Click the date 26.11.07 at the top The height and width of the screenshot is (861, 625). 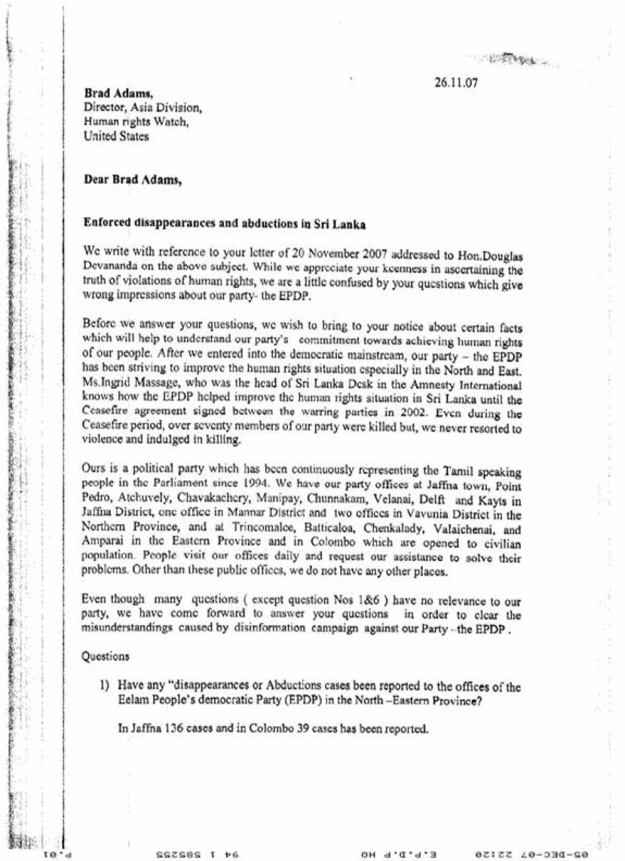point(456,84)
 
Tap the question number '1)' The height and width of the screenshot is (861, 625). point(104,686)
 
